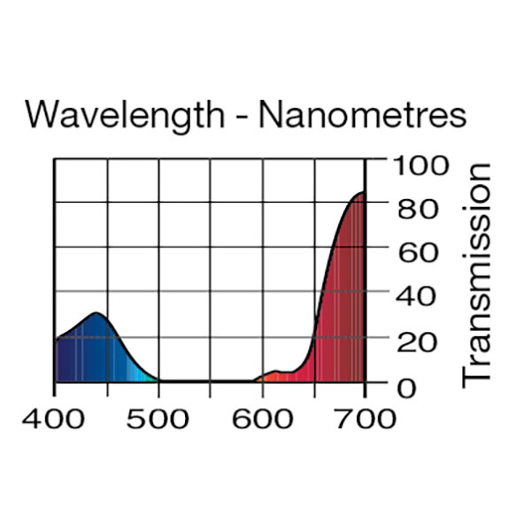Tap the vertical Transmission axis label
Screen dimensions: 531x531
(477, 273)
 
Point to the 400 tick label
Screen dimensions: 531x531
(55, 417)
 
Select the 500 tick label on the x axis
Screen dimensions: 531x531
(158, 417)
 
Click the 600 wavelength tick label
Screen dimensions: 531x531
(263, 417)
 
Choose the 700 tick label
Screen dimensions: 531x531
(366, 417)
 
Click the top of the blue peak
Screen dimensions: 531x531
(96, 314)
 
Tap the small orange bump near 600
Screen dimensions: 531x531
(275, 373)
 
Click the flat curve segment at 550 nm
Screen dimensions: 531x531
(211, 381)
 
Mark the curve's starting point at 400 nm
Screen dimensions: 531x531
(56, 339)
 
